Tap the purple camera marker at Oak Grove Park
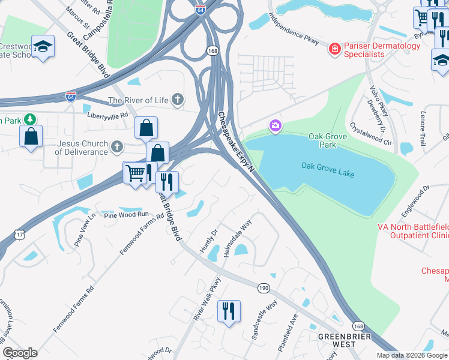pos(276,125)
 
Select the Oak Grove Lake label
pos(328,170)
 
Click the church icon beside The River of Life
pos(177,100)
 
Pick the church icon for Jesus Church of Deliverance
pos(116,146)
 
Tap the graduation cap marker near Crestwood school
pos(43,47)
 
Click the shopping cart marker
pos(135,173)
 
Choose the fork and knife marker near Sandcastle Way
pos(229,311)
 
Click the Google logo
pos(20,352)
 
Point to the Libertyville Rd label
pos(108,114)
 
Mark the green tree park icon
pos(28,119)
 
